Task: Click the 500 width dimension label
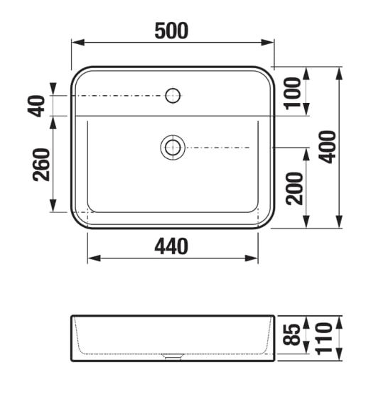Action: coord(171,31)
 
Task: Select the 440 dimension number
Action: coord(171,246)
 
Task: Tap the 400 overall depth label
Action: coord(327,147)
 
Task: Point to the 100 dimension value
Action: coord(292,94)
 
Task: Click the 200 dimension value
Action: coord(294,188)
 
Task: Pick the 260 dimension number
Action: coord(41,165)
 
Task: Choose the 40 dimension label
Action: coord(36,106)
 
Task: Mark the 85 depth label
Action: coord(291,334)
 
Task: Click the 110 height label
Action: coord(324,339)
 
